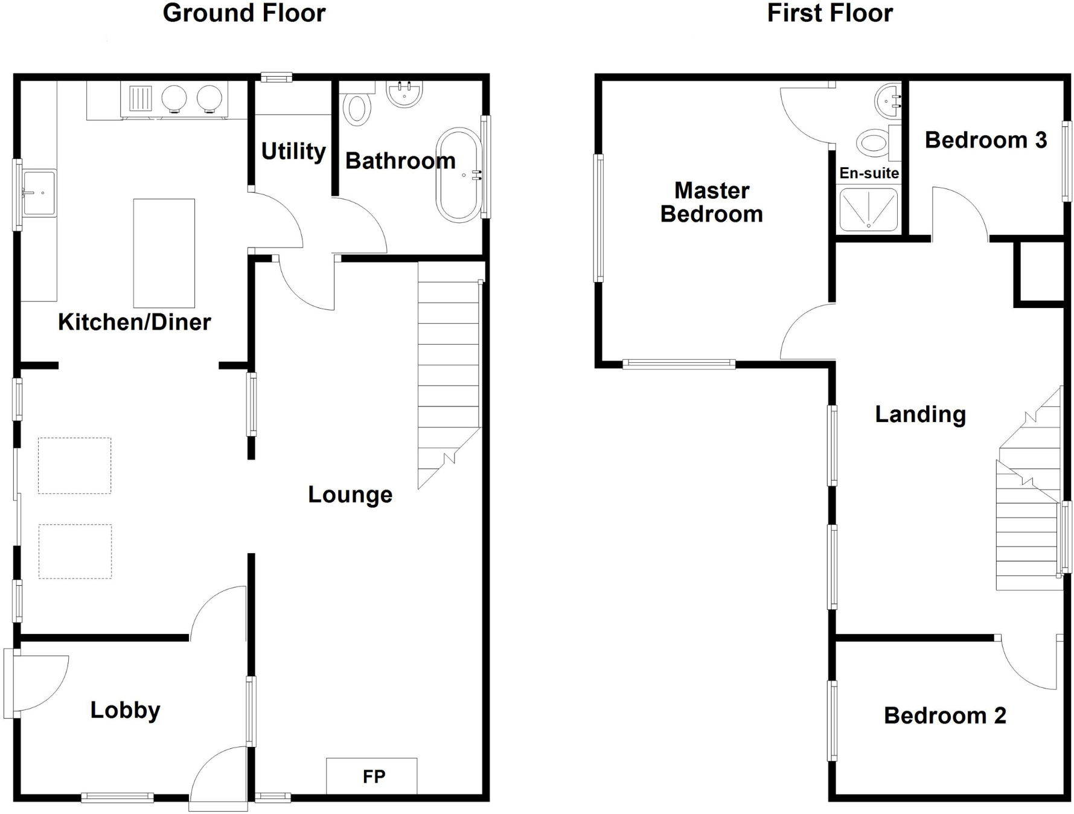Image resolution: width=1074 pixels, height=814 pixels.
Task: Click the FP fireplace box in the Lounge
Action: pos(371,775)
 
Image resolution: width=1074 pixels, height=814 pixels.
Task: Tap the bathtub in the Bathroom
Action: pos(460,175)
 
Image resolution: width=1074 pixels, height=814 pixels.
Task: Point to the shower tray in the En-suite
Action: pos(869,209)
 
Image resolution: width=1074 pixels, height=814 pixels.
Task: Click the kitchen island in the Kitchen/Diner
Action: pos(164,253)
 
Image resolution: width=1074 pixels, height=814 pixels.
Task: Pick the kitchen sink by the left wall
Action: pos(39,193)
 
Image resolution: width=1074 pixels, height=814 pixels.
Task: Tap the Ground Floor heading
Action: pos(244,13)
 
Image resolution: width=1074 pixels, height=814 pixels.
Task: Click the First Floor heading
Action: pos(829,13)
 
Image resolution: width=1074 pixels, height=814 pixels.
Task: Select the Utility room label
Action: pos(293,151)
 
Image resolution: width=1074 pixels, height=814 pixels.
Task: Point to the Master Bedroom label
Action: pos(712,202)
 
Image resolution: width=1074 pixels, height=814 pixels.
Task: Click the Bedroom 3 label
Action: pos(985,140)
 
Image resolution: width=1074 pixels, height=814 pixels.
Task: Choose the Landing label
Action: pos(920,414)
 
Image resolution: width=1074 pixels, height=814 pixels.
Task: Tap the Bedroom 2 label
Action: pos(945,716)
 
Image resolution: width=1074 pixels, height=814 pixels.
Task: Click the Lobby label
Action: pos(125,710)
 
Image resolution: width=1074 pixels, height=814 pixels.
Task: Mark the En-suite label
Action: pos(869,173)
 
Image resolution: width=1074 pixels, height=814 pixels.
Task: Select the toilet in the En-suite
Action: pos(873,143)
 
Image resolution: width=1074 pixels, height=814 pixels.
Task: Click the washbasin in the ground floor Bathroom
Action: pos(404,94)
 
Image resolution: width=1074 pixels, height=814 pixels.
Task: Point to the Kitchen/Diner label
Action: pos(134,322)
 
